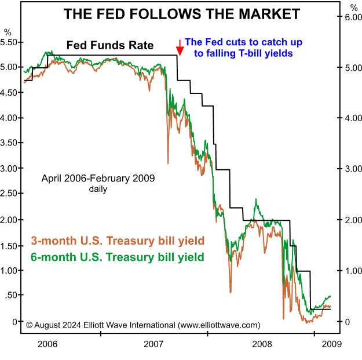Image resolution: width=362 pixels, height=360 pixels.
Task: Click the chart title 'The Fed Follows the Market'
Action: [182, 14]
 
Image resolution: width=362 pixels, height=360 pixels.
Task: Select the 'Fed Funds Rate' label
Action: [110, 45]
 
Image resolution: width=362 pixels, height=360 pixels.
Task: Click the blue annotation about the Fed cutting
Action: [243, 48]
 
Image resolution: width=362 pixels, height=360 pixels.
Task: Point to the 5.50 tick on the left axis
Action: [11, 42]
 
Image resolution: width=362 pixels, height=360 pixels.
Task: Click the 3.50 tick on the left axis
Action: [11, 143]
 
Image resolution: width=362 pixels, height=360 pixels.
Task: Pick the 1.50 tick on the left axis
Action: [11, 245]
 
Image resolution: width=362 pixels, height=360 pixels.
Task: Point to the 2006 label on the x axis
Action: [47, 344]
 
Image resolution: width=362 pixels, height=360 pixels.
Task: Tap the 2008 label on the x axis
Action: [262, 344]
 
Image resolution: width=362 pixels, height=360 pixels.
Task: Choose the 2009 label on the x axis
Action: [331, 344]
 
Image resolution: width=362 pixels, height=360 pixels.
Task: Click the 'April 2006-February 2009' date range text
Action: [98, 178]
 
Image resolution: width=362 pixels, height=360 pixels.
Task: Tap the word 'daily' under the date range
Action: [98, 188]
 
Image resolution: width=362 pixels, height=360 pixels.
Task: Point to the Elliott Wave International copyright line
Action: [143, 325]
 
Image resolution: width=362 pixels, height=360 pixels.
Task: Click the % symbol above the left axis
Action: [7, 31]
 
